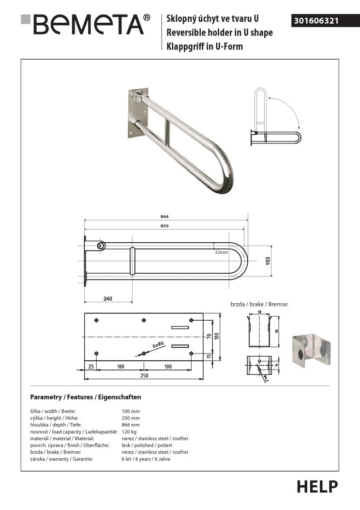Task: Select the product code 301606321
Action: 315,21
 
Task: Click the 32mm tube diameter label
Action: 222,252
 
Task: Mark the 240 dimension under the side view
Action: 108,299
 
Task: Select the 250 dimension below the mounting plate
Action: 144,375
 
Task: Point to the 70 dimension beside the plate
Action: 210,336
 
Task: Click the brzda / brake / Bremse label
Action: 259,304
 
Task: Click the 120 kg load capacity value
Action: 129,431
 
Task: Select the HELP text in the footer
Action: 317,486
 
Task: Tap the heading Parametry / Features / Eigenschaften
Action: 86,397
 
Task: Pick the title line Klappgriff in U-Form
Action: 205,46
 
